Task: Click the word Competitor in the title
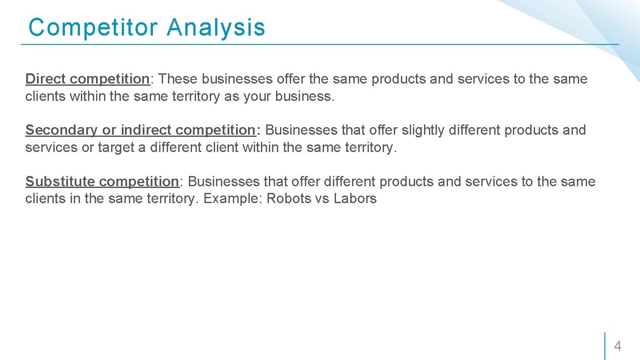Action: pos(93,27)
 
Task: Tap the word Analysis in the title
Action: pos(216,27)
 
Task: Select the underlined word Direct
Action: pos(46,79)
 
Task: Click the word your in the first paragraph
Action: pos(257,96)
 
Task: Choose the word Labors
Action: pos(355,199)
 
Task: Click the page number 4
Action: pos(618,346)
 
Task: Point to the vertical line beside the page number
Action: pos(605,346)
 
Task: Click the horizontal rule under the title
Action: pos(320,44)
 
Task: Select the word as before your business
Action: pos(232,96)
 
